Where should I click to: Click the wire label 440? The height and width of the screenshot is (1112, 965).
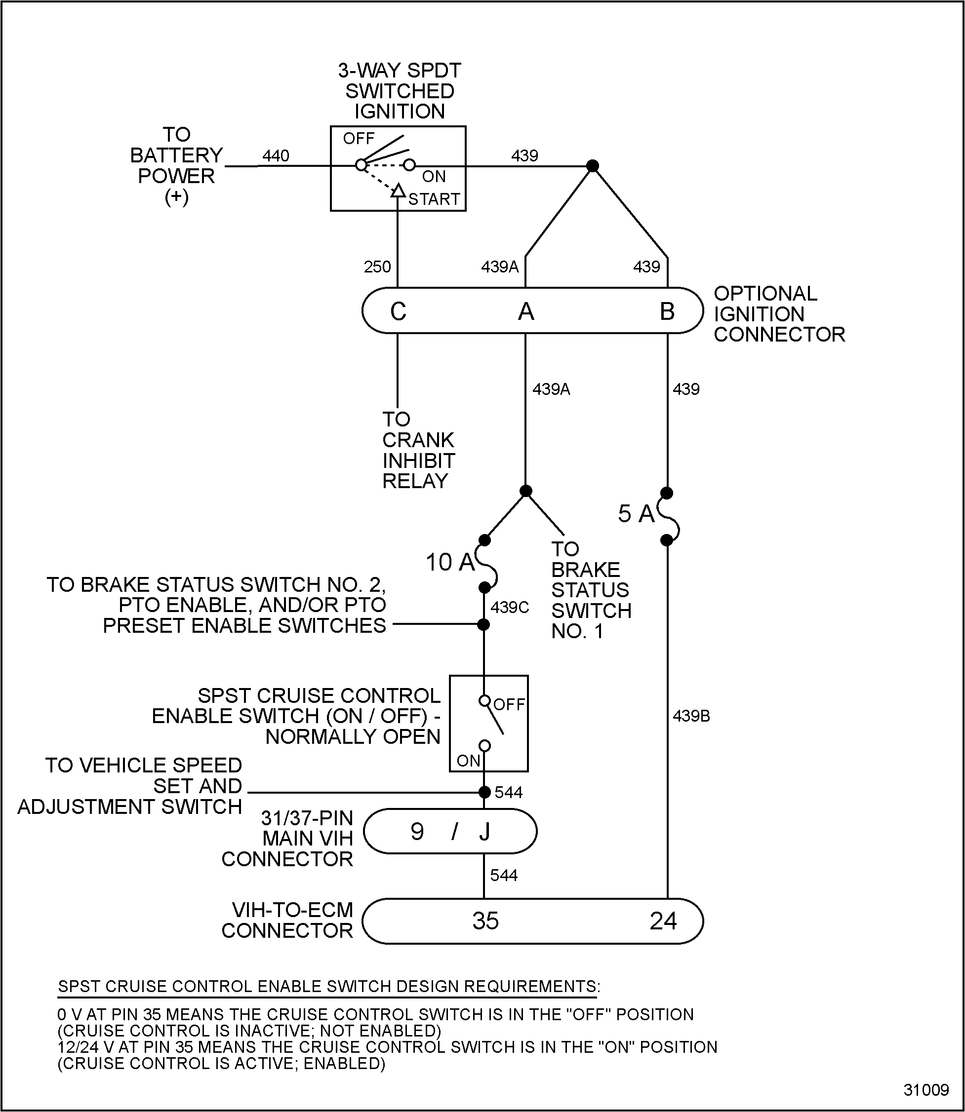pyautogui.click(x=276, y=156)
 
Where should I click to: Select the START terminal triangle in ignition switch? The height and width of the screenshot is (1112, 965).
pyautogui.click(x=398, y=191)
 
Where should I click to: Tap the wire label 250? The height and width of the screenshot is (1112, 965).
pyautogui.click(x=377, y=267)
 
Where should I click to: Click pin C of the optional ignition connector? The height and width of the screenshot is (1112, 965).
pyautogui.click(x=398, y=311)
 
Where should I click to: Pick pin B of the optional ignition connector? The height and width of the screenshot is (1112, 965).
pyautogui.click(x=667, y=311)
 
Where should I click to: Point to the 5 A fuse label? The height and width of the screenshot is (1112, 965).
pyautogui.click(x=636, y=513)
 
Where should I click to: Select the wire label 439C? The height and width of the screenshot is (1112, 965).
pyautogui.click(x=510, y=608)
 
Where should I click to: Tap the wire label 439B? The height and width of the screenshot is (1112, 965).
pyautogui.click(x=691, y=716)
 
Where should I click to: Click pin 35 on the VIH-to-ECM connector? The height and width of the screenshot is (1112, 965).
pyautogui.click(x=485, y=921)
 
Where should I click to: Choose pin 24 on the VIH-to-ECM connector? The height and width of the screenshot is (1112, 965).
pyautogui.click(x=662, y=921)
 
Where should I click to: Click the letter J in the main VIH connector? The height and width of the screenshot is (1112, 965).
pyautogui.click(x=484, y=832)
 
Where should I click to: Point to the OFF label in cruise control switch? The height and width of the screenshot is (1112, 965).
pyautogui.click(x=509, y=704)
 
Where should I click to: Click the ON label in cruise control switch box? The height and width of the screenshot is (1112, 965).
pyautogui.click(x=468, y=761)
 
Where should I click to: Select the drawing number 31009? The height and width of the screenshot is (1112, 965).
pyautogui.click(x=925, y=1090)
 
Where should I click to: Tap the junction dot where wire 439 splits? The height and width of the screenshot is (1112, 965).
pyautogui.click(x=592, y=166)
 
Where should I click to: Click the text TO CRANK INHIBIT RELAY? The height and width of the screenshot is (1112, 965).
pyautogui.click(x=418, y=450)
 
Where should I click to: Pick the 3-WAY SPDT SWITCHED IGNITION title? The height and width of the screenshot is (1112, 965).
pyautogui.click(x=400, y=91)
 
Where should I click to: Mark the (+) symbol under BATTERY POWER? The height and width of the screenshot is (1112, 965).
pyautogui.click(x=176, y=197)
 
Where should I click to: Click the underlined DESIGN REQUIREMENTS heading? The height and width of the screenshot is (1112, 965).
pyautogui.click(x=328, y=987)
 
